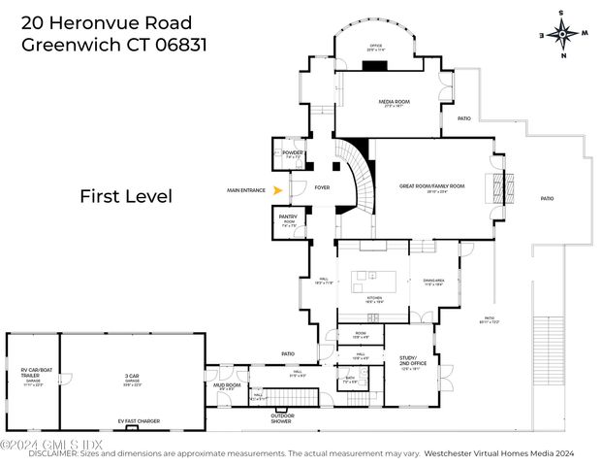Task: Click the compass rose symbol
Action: (x=562, y=33)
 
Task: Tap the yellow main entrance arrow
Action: (x=278, y=190)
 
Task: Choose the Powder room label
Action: (x=293, y=153)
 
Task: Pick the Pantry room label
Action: (x=288, y=217)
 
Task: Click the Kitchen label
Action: (x=373, y=298)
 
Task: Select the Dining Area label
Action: (x=432, y=282)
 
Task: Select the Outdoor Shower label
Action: (x=282, y=418)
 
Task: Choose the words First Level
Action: (x=125, y=196)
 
